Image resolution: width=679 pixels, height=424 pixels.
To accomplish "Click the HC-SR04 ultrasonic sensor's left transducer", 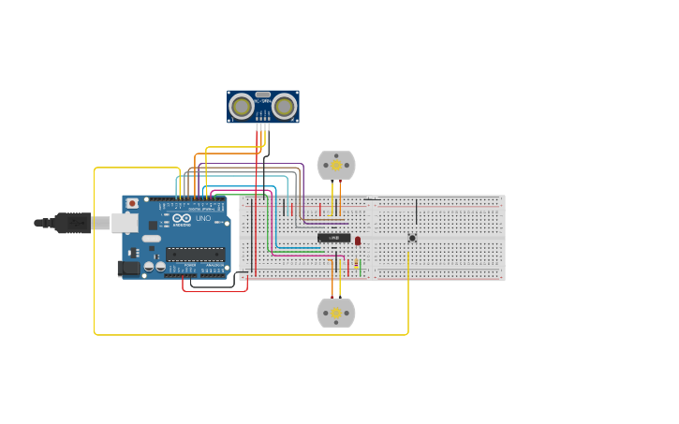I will (x=242, y=106).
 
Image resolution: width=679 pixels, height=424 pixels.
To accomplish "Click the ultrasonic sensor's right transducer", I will (x=285, y=106).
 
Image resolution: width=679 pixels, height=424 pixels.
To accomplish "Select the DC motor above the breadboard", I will (x=336, y=166).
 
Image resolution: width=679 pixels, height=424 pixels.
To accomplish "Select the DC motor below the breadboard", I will (x=336, y=313).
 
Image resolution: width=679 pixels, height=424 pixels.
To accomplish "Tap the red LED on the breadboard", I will (x=358, y=241).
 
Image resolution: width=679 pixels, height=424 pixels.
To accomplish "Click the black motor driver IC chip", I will (x=334, y=238).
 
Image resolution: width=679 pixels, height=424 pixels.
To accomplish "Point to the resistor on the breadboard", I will (x=356, y=263).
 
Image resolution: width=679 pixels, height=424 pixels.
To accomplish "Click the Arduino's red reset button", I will (x=132, y=203).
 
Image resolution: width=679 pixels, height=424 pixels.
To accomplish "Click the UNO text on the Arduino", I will (x=203, y=218).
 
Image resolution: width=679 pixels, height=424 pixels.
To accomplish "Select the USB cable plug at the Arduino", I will (x=75, y=223).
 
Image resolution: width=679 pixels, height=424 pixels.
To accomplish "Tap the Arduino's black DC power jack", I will (x=129, y=269).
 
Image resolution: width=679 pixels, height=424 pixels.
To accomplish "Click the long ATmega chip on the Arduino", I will (x=195, y=254).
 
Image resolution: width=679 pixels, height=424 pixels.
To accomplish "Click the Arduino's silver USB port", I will (x=125, y=223).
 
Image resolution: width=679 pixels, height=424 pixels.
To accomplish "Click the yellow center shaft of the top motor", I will (x=336, y=166).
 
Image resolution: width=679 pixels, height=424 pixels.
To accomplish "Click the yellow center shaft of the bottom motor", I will (x=336, y=313).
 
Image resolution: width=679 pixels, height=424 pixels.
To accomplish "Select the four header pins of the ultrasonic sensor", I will (x=263, y=119).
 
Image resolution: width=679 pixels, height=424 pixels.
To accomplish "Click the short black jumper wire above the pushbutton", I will (x=417, y=211).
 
